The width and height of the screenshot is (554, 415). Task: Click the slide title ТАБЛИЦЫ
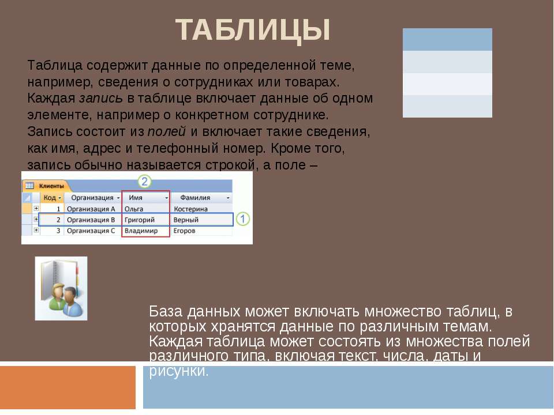click(253, 30)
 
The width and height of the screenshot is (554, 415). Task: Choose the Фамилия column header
click(198, 198)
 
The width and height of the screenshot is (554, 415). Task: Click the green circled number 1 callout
click(243, 219)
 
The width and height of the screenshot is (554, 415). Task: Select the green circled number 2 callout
click(145, 182)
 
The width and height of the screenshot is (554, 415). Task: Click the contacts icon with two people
click(61, 288)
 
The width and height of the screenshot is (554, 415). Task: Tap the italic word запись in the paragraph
click(100, 98)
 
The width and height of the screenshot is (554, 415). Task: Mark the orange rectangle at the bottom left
click(68, 387)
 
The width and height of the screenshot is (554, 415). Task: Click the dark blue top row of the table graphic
click(447, 39)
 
